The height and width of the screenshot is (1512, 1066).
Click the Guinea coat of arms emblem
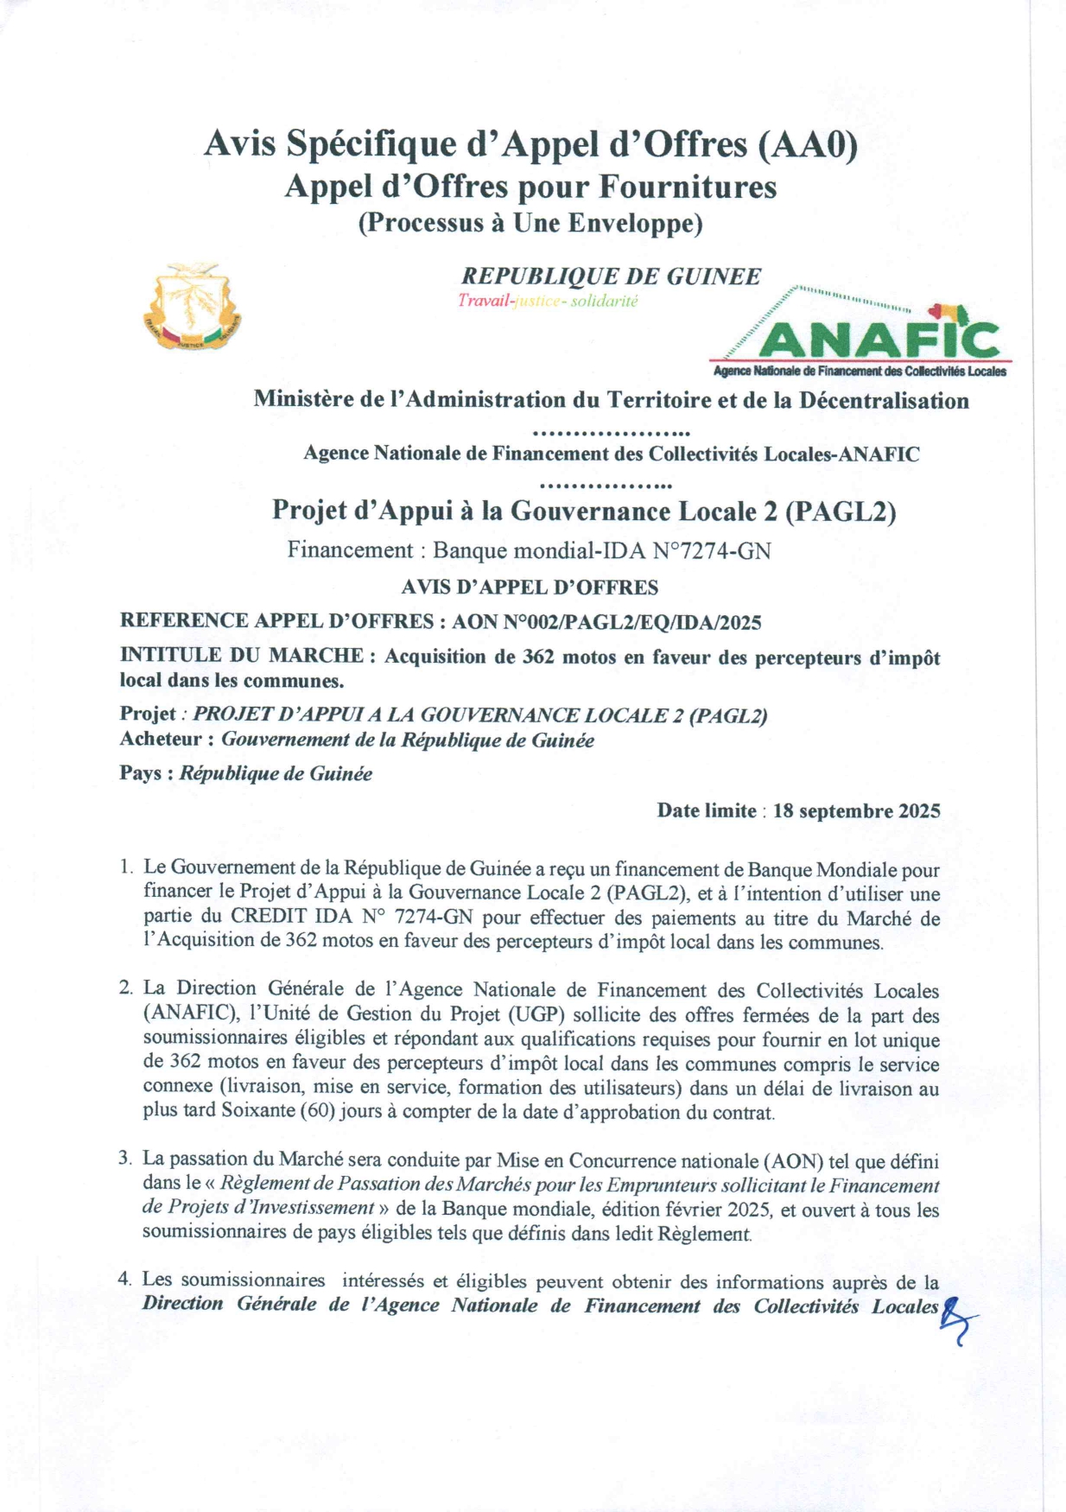coord(192,308)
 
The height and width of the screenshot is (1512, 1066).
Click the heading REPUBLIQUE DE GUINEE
coord(611,276)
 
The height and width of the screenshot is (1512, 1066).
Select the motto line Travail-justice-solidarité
coord(548,302)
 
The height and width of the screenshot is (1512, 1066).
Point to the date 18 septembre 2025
coord(856,811)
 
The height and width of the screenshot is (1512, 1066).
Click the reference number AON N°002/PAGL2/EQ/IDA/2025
coord(606,621)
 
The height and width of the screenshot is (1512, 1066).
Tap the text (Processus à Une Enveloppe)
coord(530,223)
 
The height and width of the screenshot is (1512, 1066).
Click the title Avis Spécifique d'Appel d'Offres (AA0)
coord(530,144)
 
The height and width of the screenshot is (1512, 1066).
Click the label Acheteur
coord(162,740)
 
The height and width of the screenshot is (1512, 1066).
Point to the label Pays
coord(140,773)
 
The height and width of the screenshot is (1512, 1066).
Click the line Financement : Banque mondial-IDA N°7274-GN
coord(529,550)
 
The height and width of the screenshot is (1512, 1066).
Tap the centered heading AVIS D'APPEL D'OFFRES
coord(530,588)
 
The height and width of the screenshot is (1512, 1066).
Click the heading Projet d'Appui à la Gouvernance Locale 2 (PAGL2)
coord(584,511)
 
